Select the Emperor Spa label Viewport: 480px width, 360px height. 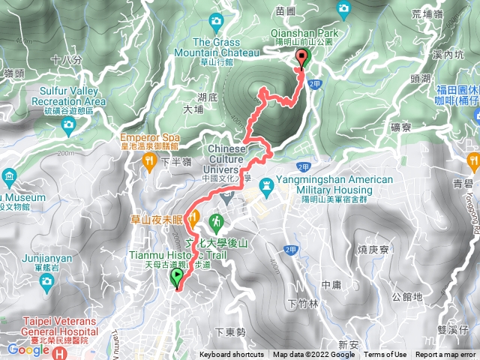pyautogui.click(x=149, y=138)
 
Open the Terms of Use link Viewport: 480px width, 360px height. pyautogui.click(x=385, y=355)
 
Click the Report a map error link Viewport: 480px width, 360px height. pyautogui.click(x=446, y=355)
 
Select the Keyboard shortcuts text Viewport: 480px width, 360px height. pyautogui.click(x=232, y=355)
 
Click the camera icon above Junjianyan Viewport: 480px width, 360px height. pyautogui.click(x=47, y=280)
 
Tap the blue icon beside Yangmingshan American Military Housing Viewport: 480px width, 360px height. pyautogui.click(x=265, y=184)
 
